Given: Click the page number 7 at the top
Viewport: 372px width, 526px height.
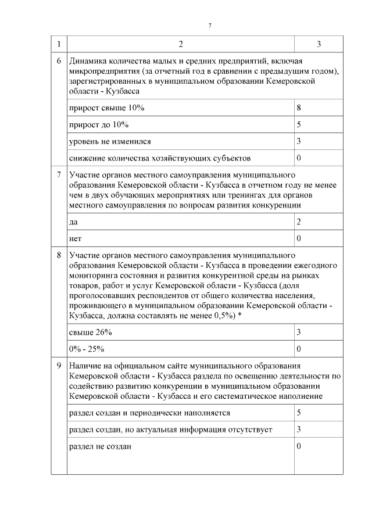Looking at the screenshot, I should coord(210,24).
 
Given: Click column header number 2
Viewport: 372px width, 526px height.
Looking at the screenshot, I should coord(180,45).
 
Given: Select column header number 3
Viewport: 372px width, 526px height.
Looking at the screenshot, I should coord(319,45).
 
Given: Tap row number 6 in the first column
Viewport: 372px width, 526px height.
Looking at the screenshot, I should coord(59,61).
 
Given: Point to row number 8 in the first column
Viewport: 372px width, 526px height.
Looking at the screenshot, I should coord(59,255).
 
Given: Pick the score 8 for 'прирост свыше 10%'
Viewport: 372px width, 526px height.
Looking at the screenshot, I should coord(298,108).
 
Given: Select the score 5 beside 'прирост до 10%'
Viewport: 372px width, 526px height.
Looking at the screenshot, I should coord(298,124).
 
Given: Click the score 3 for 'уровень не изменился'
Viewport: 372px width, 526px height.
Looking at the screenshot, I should coord(298,141).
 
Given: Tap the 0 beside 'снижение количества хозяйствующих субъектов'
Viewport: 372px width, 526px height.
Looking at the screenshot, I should coord(298,158).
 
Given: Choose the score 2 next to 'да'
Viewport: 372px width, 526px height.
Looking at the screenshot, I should coord(298,222).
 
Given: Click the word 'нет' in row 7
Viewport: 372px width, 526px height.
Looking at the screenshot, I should coord(74,238).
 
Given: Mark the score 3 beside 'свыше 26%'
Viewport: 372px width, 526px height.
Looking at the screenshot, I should coord(298,332).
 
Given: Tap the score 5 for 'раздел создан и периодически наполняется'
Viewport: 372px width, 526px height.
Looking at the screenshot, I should coord(298,413).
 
